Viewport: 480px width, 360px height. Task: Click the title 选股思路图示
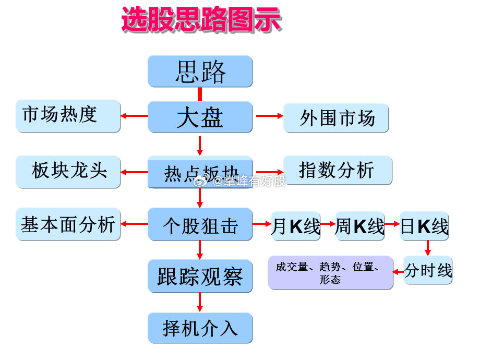pyautogui.click(x=201, y=21)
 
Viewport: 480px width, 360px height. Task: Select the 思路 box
pyautogui.click(x=200, y=71)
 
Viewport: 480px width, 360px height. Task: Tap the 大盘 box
pyautogui.click(x=200, y=117)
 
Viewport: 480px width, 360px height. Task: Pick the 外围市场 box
pyautogui.click(x=337, y=118)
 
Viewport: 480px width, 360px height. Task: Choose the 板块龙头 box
pyautogui.click(x=68, y=171)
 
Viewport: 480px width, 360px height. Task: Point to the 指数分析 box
pyautogui.click(x=337, y=170)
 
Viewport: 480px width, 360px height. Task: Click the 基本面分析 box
pyautogui.click(x=68, y=224)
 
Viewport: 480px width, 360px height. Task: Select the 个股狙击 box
pyautogui.click(x=200, y=224)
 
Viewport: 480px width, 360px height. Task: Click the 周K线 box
pyautogui.click(x=360, y=226)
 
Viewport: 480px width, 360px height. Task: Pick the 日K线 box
pyautogui.click(x=424, y=226)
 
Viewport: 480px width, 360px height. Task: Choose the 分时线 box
pyautogui.click(x=428, y=270)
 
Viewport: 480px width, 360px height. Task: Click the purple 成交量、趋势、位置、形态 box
pyautogui.click(x=331, y=272)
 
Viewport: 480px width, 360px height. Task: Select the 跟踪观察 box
pyautogui.click(x=200, y=275)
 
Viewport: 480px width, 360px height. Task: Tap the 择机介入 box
pyautogui.click(x=200, y=328)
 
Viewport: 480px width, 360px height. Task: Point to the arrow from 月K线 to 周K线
pyautogui.click(x=328, y=224)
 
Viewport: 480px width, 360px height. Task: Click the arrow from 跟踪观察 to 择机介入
pyautogui.click(x=200, y=302)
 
